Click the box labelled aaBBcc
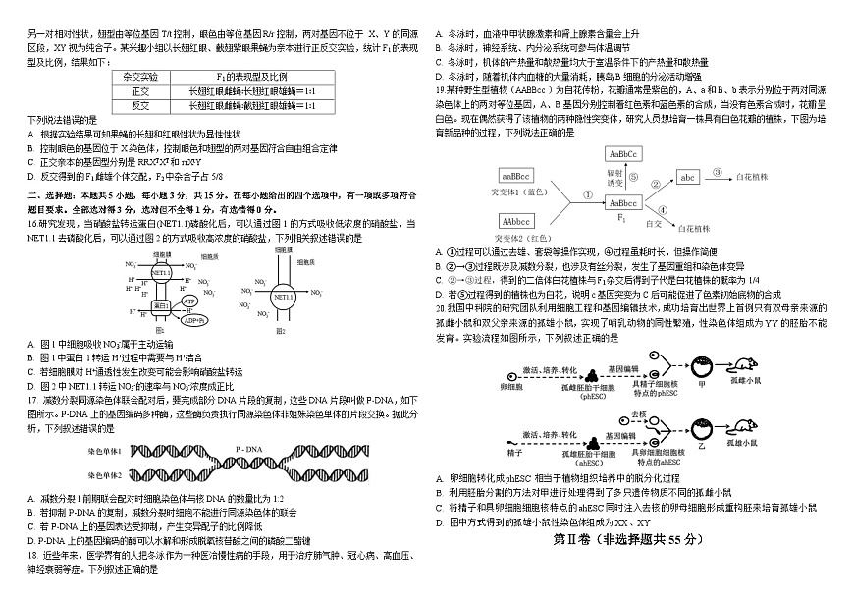tap(517, 176)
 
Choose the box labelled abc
tap(688, 177)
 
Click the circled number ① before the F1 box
tap(586, 194)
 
